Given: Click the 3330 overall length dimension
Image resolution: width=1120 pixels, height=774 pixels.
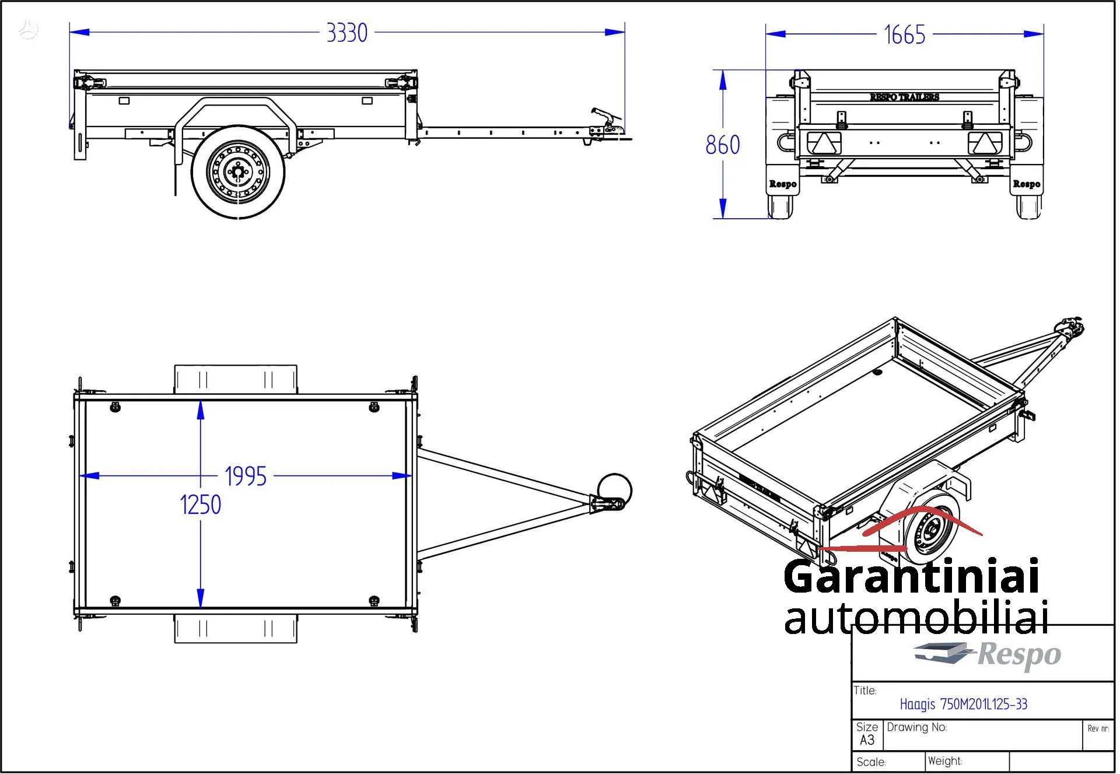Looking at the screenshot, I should click(346, 33).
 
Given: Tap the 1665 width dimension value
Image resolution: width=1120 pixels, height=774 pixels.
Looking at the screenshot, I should click(904, 35).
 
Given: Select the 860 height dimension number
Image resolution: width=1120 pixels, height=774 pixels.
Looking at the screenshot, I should click(722, 145).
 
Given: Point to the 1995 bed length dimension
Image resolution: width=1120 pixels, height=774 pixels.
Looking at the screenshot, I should click(246, 477).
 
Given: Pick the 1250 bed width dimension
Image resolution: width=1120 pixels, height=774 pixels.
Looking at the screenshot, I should click(200, 505).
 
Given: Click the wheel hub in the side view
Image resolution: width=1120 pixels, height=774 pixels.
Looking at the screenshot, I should click(238, 171).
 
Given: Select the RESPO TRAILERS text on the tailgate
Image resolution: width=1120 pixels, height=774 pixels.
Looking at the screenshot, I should click(904, 97).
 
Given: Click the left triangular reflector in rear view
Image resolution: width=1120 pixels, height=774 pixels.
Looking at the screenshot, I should click(824, 143).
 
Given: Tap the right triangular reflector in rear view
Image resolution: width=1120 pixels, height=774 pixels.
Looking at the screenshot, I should click(985, 143).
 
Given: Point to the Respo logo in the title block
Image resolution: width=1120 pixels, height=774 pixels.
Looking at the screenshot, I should click(987, 654).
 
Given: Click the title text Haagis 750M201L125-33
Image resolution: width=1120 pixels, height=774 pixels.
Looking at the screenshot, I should click(963, 704).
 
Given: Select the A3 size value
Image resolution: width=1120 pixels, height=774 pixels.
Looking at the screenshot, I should click(867, 740).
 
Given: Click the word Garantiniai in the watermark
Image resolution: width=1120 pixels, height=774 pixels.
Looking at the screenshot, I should click(911, 576).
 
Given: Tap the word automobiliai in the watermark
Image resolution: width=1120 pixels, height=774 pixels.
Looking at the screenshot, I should click(916, 618).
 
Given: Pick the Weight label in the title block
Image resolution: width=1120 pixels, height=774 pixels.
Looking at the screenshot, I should click(944, 761).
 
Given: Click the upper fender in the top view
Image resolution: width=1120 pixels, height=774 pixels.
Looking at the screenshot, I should click(236, 379).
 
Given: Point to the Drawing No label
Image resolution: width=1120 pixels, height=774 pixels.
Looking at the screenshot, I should click(916, 727).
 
